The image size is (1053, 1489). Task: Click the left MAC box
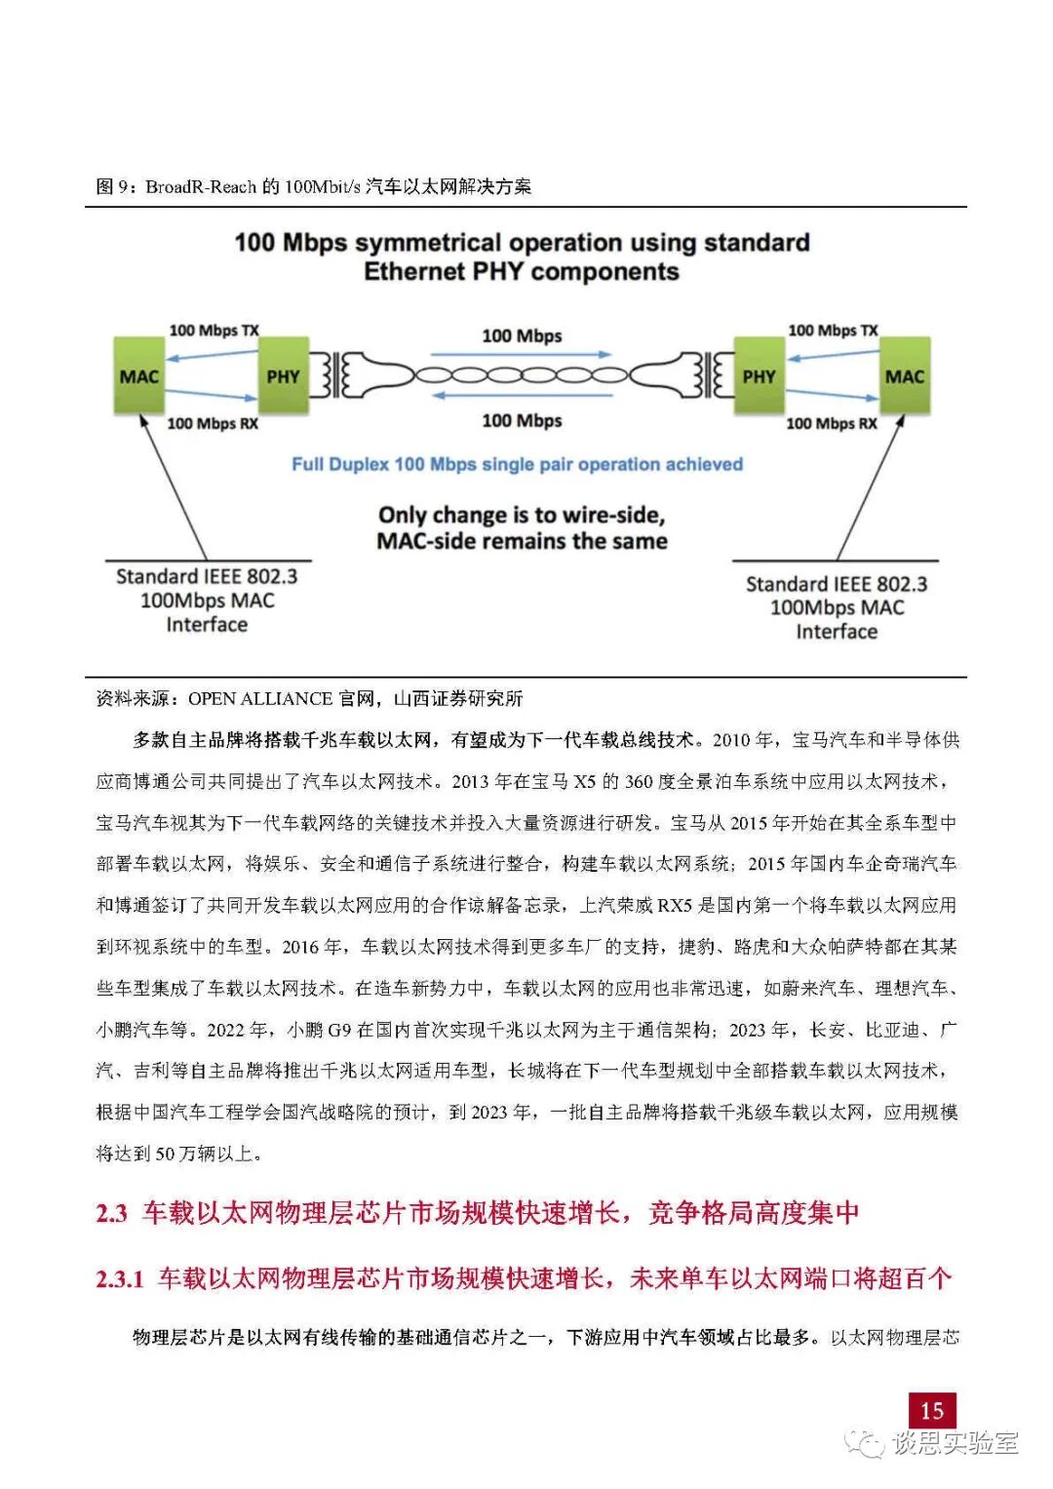[139, 376]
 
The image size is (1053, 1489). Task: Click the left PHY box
[283, 376]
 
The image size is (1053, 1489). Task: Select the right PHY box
[759, 376]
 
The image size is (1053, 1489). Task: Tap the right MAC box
[904, 376]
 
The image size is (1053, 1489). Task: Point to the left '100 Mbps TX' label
[214, 331]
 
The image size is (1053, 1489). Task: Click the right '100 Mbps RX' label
[832, 423]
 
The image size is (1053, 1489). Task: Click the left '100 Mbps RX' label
[213, 423]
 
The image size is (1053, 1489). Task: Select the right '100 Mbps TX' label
[833, 331]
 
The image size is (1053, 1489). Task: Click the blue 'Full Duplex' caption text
[517, 464]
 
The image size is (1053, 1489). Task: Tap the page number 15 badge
[931, 1410]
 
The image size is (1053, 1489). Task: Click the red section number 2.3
[111, 1213]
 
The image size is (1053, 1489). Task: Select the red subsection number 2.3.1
[120, 1278]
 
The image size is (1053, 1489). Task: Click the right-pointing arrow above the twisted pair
[521, 355]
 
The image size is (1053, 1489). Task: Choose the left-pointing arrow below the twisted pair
[522, 396]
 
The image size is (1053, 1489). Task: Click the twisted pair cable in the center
[522, 375]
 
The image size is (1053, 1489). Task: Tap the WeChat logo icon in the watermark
[864, 1442]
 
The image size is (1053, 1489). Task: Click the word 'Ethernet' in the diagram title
[414, 271]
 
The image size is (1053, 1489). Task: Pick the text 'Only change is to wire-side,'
[522, 515]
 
